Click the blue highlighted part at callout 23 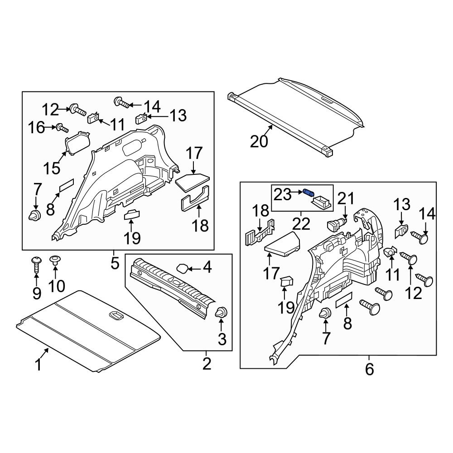tap(309, 193)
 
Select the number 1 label tap(39, 364)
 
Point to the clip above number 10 tap(55, 260)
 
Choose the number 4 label tap(207, 268)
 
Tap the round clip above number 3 tap(222, 312)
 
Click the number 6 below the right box tap(370, 369)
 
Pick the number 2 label tap(207, 363)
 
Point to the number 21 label tap(346, 198)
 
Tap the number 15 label tap(52, 168)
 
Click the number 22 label tap(302, 223)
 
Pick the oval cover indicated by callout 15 tap(77, 144)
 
